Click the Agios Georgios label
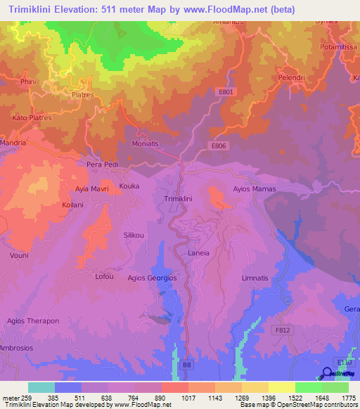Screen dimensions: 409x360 151,278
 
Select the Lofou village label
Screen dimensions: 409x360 104,276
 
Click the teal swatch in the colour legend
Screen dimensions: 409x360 41,387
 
